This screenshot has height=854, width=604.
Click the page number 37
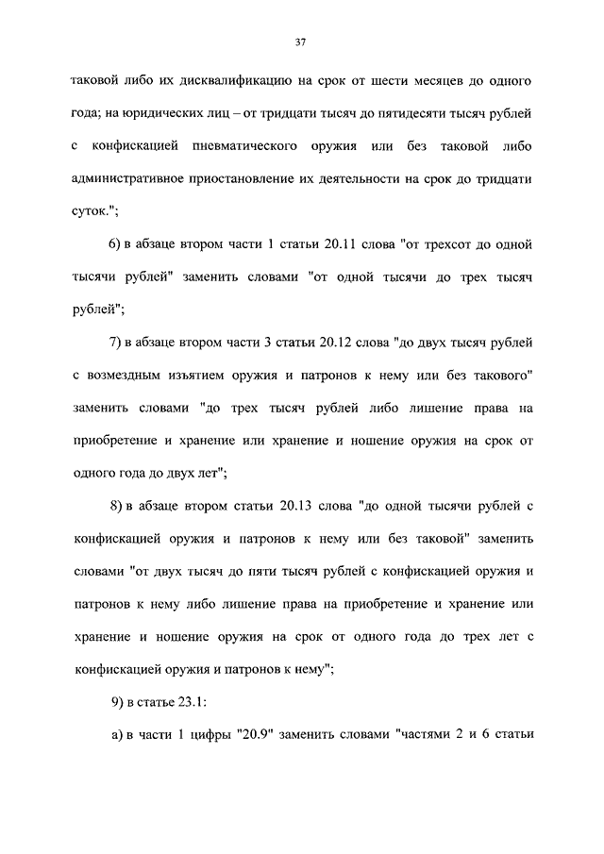coord(301,42)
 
